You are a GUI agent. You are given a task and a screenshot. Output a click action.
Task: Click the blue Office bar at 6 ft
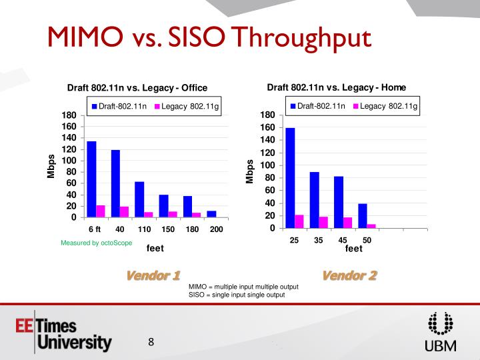click(91, 179)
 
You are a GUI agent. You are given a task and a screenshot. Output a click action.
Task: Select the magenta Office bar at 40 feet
click(124, 212)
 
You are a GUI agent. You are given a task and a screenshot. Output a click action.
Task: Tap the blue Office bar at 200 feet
click(211, 214)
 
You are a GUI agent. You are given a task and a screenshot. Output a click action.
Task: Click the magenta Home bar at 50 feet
click(371, 226)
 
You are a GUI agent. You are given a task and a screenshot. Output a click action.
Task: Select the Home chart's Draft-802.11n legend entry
click(317, 106)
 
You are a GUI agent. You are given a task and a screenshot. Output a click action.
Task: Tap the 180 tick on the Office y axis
click(69, 115)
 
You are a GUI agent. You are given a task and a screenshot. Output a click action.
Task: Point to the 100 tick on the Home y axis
click(267, 165)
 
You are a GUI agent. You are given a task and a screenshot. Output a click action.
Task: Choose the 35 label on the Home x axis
click(319, 240)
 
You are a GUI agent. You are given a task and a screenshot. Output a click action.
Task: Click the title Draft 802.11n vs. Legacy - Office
click(137, 88)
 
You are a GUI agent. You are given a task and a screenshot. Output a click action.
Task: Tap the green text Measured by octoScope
click(97, 243)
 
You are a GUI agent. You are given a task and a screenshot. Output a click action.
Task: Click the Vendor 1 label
click(153, 275)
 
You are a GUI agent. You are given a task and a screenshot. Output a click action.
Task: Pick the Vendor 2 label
click(349, 275)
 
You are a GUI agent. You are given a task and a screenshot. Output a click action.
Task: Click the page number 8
click(151, 343)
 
